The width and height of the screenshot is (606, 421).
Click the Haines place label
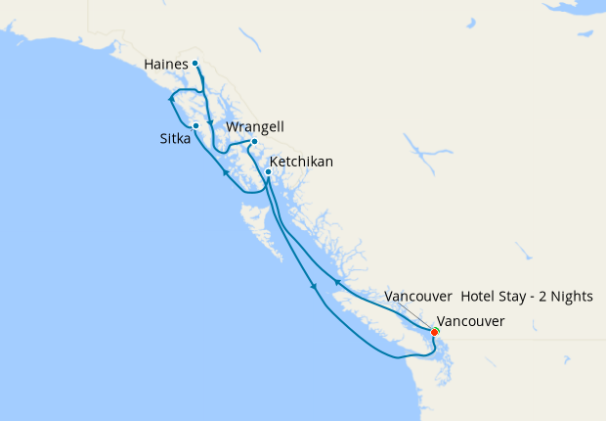click(x=164, y=65)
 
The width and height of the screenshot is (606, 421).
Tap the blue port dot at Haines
click(x=195, y=64)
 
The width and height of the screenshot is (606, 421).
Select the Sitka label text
click(x=175, y=139)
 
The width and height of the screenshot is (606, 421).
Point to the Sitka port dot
click(x=196, y=125)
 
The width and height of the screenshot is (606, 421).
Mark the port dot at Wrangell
click(x=254, y=142)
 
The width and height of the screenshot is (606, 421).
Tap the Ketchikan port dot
click(x=268, y=172)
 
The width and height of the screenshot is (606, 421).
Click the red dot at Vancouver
click(x=435, y=332)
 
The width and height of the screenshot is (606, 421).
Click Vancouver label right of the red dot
click(x=471, y=321)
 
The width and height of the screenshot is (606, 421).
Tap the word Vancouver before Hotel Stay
click(x=418, y=296)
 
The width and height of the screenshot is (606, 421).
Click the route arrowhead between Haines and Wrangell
click(x=210, y=123)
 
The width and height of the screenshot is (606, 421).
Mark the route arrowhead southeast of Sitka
click(x=225, y=173)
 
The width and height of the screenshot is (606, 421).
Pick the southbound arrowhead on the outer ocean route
click(x=313, y=286)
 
